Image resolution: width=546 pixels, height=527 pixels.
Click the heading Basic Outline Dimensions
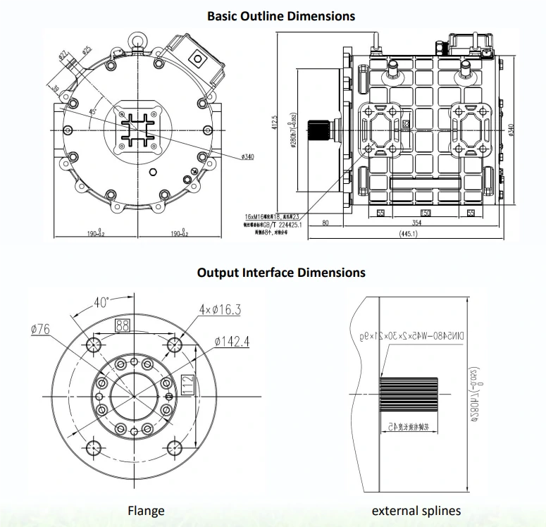tap(281, 15)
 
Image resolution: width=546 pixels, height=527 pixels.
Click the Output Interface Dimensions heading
tap(281, 272)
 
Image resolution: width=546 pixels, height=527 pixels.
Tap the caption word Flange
tap(146, 511)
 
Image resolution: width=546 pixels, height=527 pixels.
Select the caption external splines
tap(416, 511)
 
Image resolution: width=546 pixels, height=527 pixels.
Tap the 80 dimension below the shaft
tap(325, 223)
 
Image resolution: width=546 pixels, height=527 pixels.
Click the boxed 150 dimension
tap(426, 213)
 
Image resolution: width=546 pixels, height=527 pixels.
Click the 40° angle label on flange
tap(101, 302)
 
